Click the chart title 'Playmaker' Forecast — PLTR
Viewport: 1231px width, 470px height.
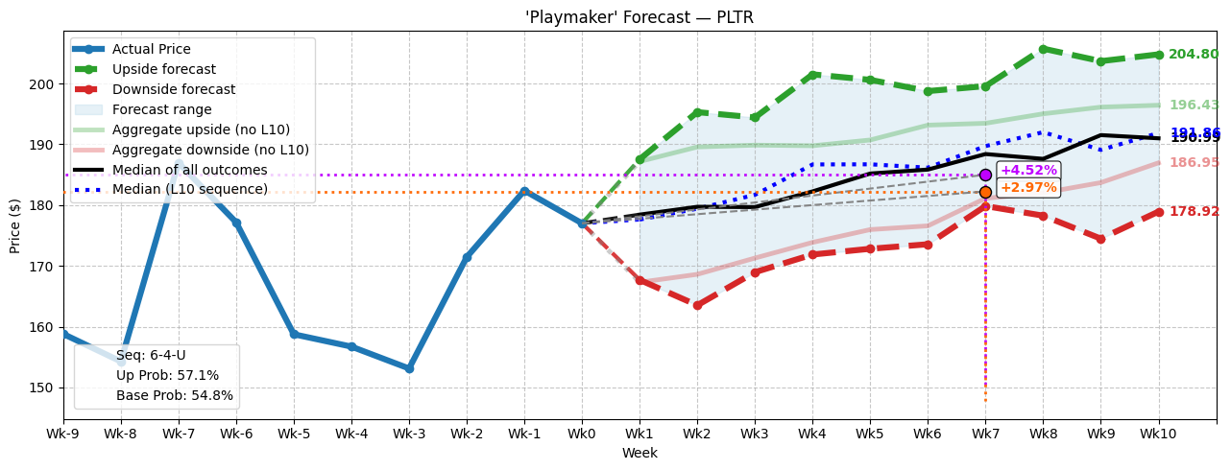pyautogui.click(x=640, y=17)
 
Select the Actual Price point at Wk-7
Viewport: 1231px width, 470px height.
pyautogui.click(x=179, y=165)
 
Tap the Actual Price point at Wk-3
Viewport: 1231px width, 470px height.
pyautogui.click(x=409, y=368)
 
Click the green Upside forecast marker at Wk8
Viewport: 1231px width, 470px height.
pyautogui.click(x=1043, y=49)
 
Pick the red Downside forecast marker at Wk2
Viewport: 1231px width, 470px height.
pyautogui.click(x=697, y=305)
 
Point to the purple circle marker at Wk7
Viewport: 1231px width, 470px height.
pyautogui.click(x=985, y=175)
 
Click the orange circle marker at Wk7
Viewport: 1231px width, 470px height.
pyautogui.click(x=985, y=192)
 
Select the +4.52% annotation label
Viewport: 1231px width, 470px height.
pyautogui.click(x=1028, y=171)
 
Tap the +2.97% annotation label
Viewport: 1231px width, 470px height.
pyautogui.click(x=1028, y=187)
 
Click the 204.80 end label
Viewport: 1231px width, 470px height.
pyautogui.click(x=1194, y=55)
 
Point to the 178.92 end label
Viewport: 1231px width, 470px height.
pyautogui.click(x=1194, y=212)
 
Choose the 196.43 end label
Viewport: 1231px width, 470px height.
pyautogui.click(x=1194, y=106)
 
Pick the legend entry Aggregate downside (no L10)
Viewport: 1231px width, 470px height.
pyautogui.click(x=210, y=150)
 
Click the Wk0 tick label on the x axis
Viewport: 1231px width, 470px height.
pyautogui.click(x=582, y=435)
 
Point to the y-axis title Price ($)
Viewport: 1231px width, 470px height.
pyautogui.click(x=15, y=225)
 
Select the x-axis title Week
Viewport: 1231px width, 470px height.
pyautogui.click(x=640, y=454)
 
